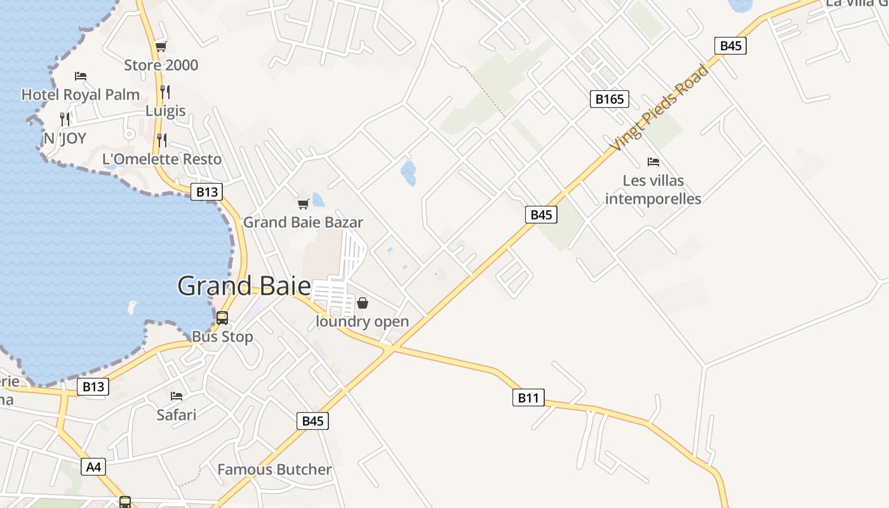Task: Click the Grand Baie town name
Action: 244,286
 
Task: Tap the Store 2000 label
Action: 161,65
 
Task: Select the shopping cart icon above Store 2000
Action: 161,46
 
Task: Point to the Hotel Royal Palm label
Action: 81,95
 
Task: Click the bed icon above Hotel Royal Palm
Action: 81,76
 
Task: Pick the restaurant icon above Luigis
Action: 165,92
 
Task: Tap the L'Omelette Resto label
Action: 162,159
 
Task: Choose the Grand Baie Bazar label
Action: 303,222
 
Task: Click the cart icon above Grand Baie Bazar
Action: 303,204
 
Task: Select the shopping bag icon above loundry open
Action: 362,303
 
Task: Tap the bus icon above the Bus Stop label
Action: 222,318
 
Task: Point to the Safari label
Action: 177,415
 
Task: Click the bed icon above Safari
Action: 177,396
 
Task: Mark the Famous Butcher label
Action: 274,470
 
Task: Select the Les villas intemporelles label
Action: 653,189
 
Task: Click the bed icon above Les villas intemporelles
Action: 653,162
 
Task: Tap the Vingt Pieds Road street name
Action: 658,108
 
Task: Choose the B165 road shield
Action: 610,99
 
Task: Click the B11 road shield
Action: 528,398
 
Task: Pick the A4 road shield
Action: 93,467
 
